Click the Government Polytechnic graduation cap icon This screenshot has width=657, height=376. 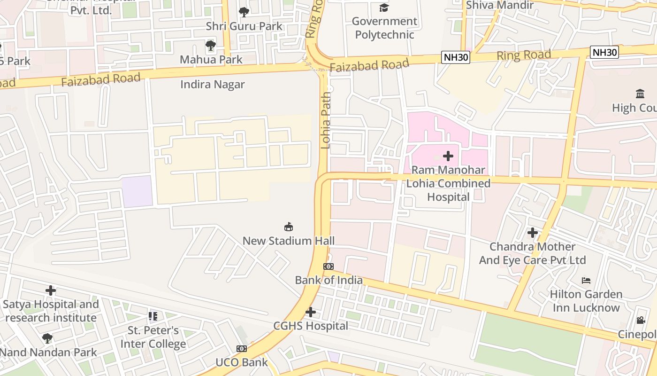tap(384, 8)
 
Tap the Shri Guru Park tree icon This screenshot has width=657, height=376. tap(244, 12)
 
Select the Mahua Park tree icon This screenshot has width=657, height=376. tap(211, 46)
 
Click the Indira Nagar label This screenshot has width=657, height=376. tap(213, 85)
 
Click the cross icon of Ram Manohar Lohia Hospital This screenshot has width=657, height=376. tap(448, 156)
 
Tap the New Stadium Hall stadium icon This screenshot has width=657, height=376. tap(289, 227)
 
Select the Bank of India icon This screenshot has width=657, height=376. tap(328, 266)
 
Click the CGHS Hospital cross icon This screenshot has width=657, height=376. tap(310, 312)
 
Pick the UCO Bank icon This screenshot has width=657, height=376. tap(242, 349)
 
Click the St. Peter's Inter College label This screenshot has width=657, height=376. tap(153, 337)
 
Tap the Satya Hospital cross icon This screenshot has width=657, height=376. tap(51, 290)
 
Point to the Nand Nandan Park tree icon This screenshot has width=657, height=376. tap(47, 338)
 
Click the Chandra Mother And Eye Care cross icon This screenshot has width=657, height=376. tap(532, 233)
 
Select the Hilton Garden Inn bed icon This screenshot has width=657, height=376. tap(586, 281)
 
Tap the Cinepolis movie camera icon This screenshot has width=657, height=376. tap(641, 321)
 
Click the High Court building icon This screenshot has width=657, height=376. tap(640, 94)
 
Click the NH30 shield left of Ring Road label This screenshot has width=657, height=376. tap(456, 57)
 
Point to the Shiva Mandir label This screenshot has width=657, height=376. tap(499, 5)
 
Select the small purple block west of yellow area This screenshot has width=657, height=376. tap(137, 191)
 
